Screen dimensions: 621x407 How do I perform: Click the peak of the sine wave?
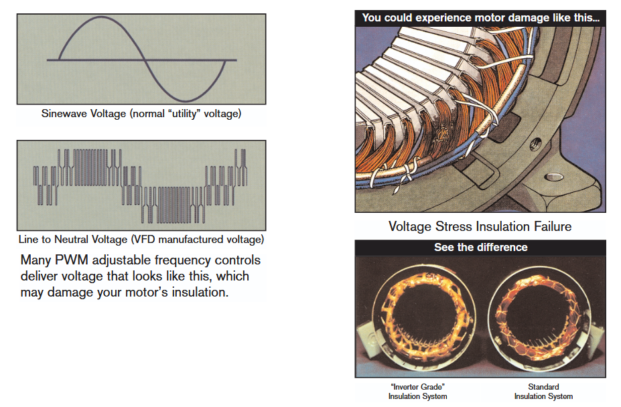click(x=102, y=17)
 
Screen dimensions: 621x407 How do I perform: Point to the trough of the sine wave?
click(x=185, y=101)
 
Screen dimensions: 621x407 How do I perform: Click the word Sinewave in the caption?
click(x=64, y=114)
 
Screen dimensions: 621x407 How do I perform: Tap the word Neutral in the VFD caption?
click(x=71, y=240)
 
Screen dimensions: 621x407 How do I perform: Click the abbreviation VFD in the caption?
click(x=144, y=240)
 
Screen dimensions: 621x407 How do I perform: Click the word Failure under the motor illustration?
click(x=553, y=226)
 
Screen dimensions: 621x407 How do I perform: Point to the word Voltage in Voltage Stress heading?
click(x=410, y=227)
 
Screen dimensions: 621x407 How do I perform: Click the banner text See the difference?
click(x=481, y=248)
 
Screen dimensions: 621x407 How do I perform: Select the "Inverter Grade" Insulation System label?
click(x=417, y=392)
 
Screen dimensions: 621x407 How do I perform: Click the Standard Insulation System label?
click(x=543, y=392)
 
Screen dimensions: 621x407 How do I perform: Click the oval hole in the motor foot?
click(x=553, y=176)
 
